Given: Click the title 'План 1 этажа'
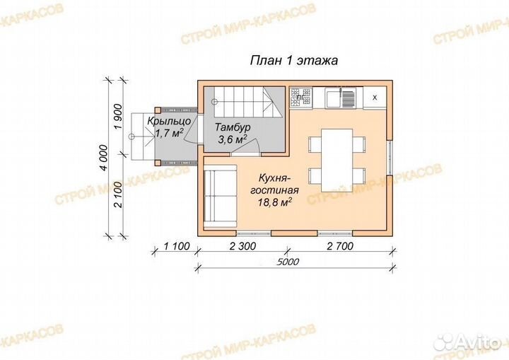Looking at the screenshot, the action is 294,60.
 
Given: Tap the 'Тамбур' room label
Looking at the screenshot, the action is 233,127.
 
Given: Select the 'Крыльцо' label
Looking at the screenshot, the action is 169,121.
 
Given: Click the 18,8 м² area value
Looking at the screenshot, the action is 274,202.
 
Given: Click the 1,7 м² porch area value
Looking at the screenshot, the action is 169,133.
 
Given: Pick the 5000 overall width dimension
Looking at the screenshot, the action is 288,262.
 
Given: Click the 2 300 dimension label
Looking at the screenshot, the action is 242,246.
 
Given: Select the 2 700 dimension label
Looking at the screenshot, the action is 340,246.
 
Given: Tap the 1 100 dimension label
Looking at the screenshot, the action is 176,246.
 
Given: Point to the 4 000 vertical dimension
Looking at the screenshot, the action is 103,158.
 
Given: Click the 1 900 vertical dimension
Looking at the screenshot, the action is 118,116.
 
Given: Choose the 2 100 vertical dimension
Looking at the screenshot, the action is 118,194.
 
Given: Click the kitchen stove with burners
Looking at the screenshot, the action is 300,97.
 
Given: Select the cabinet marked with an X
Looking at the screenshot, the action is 375,98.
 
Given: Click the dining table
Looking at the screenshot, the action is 337,160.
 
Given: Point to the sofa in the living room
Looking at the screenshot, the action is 220,196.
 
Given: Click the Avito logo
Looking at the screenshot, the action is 468,342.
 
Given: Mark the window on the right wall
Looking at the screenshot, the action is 390,158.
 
